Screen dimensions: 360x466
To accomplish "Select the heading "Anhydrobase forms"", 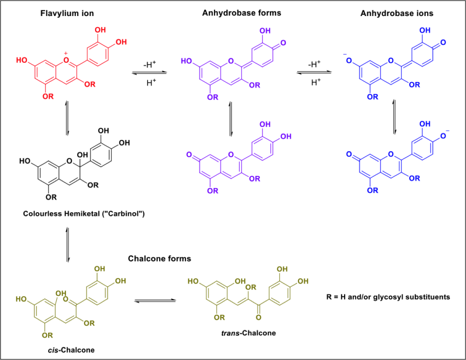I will pyautogui.click(x=241, y=13).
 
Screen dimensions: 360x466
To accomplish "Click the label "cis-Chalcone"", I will pyautogui.click(x=62, y=349).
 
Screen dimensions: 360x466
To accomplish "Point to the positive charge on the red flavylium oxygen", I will pyautogui.click(x=66, y=52).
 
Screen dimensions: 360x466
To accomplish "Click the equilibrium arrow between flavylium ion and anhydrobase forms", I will pyautogui.click(x=150, y=73).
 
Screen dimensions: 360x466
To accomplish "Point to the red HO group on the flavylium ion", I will pyautogui.click(x=22, y=61).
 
